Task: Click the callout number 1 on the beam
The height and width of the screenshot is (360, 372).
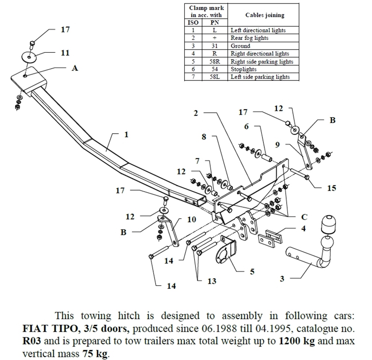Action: point(126,135)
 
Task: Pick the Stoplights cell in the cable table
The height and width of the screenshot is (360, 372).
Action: point(244,69)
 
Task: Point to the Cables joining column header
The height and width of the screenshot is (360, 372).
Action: point(264,15)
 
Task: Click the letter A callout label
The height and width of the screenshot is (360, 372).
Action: point(75,68)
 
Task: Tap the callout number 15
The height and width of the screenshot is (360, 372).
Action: point(331,188)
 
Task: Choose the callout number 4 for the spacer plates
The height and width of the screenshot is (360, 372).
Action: point(304,228)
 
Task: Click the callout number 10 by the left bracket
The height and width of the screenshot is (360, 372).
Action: point(191,219)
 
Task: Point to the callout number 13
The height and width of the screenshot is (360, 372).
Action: point(211,281)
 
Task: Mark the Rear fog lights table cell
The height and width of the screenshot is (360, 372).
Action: point(249,38)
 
